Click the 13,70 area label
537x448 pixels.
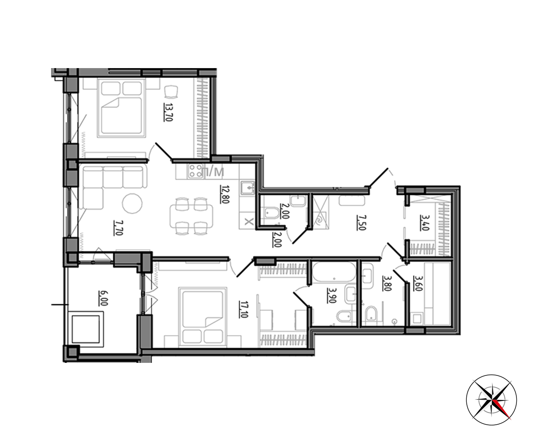click(168, 112)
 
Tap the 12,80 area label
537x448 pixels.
click(224, 194)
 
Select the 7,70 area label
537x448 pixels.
click(118, 228)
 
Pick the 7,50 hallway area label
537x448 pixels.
click(361, 223)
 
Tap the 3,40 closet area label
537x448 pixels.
click(424, 223)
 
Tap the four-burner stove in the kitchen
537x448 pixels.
click(196, 171)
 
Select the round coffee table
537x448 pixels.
click(132, 203)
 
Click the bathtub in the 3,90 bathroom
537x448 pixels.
click(334, 271)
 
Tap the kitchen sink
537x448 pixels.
click(247, 187)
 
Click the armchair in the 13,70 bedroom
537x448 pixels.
click(171, 92)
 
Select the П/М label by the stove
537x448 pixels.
click(213, 172)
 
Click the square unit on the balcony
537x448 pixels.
click(85, 329)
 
